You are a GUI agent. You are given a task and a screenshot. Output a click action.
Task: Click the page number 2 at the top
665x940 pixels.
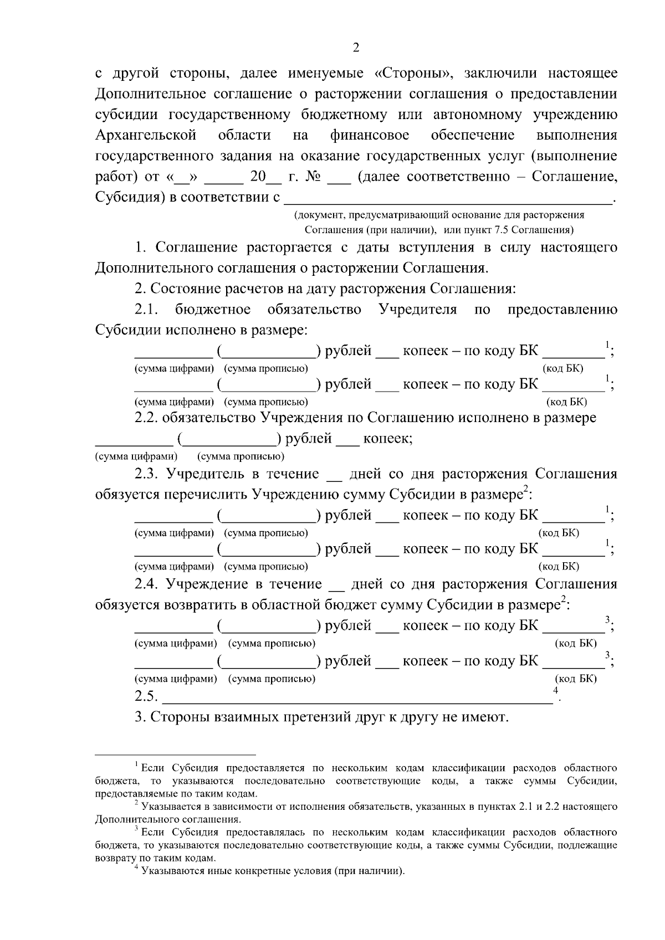[x=356, y=48]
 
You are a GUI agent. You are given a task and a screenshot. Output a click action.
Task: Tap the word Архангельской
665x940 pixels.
[x=146, y=135]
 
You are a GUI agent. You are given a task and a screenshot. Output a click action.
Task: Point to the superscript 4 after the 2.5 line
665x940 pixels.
[x=555, y=690]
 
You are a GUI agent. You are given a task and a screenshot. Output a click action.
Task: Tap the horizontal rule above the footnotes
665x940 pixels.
[x=175, y=754]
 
